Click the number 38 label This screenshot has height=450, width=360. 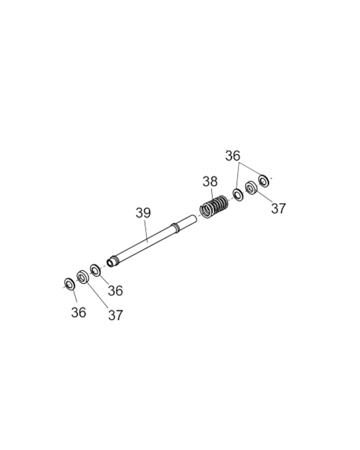pyautogui.click(x=210, y=182)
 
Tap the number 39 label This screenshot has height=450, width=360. pyautogui.click(x=143, y=213)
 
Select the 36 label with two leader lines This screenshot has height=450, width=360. pyautogui.click(x=233, y=156)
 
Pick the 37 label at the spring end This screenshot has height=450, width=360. pyautogui.click(x=278, y=209)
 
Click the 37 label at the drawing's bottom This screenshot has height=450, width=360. pyautogui.click(x=115, y=315)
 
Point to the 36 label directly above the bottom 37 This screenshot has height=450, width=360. pyautogui.click(x=115, y=291)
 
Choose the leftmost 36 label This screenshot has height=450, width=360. pyautogui.click(x=78, y=313)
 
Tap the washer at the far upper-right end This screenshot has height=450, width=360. pyautogui.click(x=264, y=180)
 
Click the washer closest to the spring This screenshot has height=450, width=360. pyautogui.click(x=238, y=195)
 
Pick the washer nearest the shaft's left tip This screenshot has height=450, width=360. pyautogui.click(x=95, y=270)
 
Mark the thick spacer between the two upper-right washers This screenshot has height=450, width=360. pyautogui.click(x=251, y=187)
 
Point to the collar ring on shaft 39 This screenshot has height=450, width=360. pyautogui.click(x=175, y=227)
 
